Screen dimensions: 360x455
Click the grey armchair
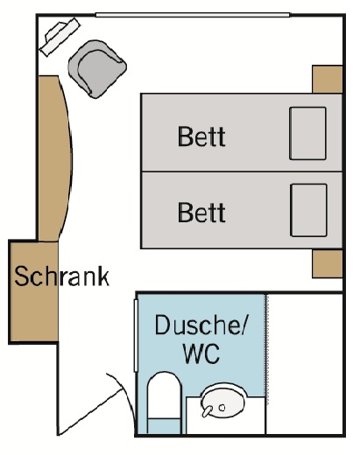[x=97, y=69]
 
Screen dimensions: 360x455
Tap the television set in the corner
[x=60, y=37]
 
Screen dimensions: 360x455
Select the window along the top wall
[x=193, y=15]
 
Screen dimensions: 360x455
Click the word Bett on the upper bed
[x=201, y=136]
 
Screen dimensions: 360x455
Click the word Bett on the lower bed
[x=201, y=213]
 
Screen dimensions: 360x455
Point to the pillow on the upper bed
[x=307, y=133]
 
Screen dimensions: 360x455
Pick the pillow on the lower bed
[x=308, y=210]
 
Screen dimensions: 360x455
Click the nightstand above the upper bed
[x=328, y=79]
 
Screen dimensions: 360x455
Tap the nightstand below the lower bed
[x=328, y=263]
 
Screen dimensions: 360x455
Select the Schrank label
[x=61, y=276]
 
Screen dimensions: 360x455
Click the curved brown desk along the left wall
[x=55, y=158]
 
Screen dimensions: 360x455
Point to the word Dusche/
[x=201, y=325]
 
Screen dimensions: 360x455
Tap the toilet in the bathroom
[x=164, y=402]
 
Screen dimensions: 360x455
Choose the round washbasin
[x=223, y=402]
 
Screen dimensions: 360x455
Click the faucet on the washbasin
[x=207, y=411]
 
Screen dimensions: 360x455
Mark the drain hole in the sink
[x=222, y=408]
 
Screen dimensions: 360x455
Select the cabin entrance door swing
[x=96, y=405]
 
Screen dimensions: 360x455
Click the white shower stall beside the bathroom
[x=304, y=364]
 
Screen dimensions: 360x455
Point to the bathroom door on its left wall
[x=136, y=335]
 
